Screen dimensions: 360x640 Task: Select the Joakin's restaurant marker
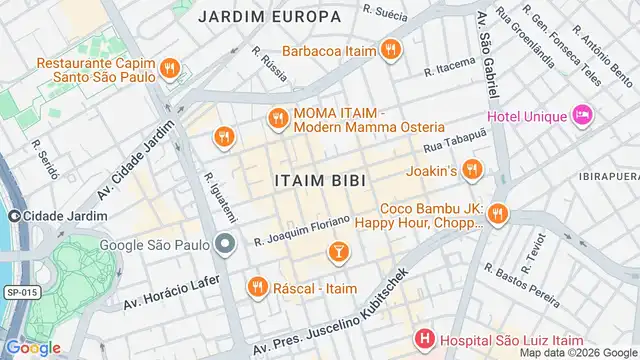pyautogui.click(x=472, y=170)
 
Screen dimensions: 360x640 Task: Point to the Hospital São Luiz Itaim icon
pyautogui.click(x=425, y=340)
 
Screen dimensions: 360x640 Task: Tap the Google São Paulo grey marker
pyautogui.click(x=225, y=243)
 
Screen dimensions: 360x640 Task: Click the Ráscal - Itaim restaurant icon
pyautogui.click(x=257, y=288)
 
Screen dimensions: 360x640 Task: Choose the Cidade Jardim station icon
pyautogui.click(x=14, y=217)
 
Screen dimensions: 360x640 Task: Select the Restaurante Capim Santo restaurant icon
pyautogui.click(x=170, y=70)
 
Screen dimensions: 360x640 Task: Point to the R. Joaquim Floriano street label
pyautogui.click(x=302, y=231)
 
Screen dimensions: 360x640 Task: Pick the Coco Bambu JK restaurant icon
pyautogui.click(x=498, y=215)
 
